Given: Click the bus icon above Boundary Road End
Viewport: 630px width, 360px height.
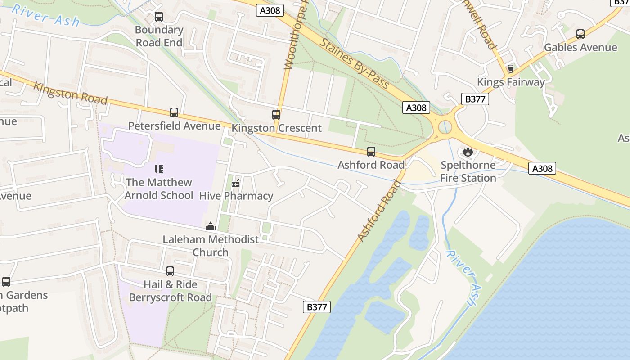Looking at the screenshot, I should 158,17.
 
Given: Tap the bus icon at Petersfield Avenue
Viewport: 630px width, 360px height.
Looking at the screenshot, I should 174,112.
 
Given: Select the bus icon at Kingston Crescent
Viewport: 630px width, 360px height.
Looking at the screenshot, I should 276,115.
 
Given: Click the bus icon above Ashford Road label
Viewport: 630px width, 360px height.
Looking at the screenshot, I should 371,152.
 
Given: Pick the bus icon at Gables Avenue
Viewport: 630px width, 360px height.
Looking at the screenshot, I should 580,34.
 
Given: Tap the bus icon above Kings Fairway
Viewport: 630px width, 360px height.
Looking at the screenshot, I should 510,69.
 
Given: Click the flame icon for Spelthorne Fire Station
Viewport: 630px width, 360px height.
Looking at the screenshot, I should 468,152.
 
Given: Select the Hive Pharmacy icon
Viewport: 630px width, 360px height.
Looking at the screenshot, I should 235,183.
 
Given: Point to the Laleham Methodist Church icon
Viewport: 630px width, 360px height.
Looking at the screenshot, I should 210,226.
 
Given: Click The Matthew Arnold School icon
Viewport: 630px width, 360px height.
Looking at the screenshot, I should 158,169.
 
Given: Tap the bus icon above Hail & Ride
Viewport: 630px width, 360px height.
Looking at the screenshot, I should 170,271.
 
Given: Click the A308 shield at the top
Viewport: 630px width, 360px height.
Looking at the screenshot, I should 270,10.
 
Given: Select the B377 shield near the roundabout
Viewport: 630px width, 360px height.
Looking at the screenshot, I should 475,99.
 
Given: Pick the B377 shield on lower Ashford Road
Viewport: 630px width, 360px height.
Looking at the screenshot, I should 317,307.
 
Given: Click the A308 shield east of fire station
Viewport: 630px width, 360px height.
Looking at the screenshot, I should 542,168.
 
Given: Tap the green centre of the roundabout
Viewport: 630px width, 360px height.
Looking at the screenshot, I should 445,128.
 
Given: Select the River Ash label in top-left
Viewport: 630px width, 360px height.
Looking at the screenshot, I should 45,16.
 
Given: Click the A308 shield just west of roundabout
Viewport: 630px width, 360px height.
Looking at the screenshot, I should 416,108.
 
